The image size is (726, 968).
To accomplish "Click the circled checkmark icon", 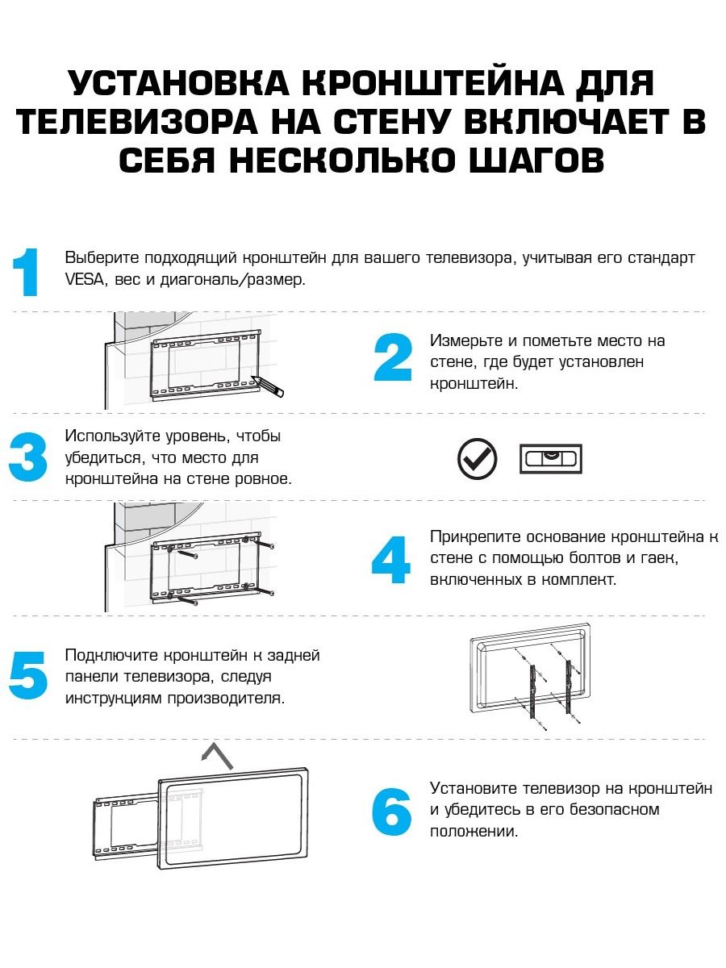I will (478, 459).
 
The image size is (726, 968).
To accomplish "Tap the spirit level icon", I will (550, 459).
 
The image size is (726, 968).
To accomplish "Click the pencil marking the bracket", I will (269, 385).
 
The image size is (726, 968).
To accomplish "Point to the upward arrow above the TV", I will (217, 756).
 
